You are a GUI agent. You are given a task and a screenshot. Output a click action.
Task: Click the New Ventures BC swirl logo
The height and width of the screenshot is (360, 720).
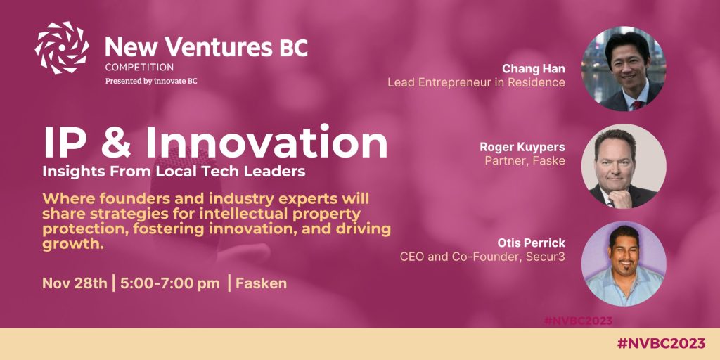[62, 48]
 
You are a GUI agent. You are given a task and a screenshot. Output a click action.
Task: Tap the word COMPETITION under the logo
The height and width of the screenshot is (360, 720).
[140, 67]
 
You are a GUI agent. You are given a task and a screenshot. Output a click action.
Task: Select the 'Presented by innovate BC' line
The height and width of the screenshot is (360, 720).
[152, 82]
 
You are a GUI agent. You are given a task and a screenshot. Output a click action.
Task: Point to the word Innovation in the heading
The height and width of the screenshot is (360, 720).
[266, 142]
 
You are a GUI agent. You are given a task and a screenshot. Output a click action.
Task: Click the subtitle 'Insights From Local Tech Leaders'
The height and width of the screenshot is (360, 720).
[174, 172]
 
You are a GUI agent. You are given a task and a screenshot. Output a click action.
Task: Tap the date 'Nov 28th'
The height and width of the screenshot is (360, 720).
[75, 283]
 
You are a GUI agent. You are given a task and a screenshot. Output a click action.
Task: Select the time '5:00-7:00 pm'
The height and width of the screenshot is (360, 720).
[170, 283]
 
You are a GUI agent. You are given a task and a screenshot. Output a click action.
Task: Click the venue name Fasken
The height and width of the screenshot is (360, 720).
[262, 283]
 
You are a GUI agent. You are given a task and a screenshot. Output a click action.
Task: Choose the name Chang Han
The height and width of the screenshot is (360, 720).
[534, 68]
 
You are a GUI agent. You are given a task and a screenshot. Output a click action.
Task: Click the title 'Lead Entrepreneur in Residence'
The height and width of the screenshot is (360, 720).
[477, 83]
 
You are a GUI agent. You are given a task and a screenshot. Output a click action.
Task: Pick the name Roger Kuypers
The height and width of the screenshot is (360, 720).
[522, 147]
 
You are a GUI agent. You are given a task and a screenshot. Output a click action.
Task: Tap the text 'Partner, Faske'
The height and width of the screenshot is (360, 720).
[525, 161]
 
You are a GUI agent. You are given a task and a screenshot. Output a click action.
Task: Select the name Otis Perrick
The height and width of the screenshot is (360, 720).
[532, 242]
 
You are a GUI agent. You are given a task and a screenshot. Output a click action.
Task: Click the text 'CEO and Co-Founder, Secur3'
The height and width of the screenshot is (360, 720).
[482, 256]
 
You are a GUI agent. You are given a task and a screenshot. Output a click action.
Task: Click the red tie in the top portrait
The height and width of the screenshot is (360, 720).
[638, 105]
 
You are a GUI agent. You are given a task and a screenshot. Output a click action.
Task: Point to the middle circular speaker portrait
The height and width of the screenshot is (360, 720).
[624, 166]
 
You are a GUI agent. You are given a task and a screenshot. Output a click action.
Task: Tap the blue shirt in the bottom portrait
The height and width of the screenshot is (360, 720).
[624, 287]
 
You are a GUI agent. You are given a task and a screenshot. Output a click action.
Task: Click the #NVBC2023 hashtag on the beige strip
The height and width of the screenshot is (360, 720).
[661, 343]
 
